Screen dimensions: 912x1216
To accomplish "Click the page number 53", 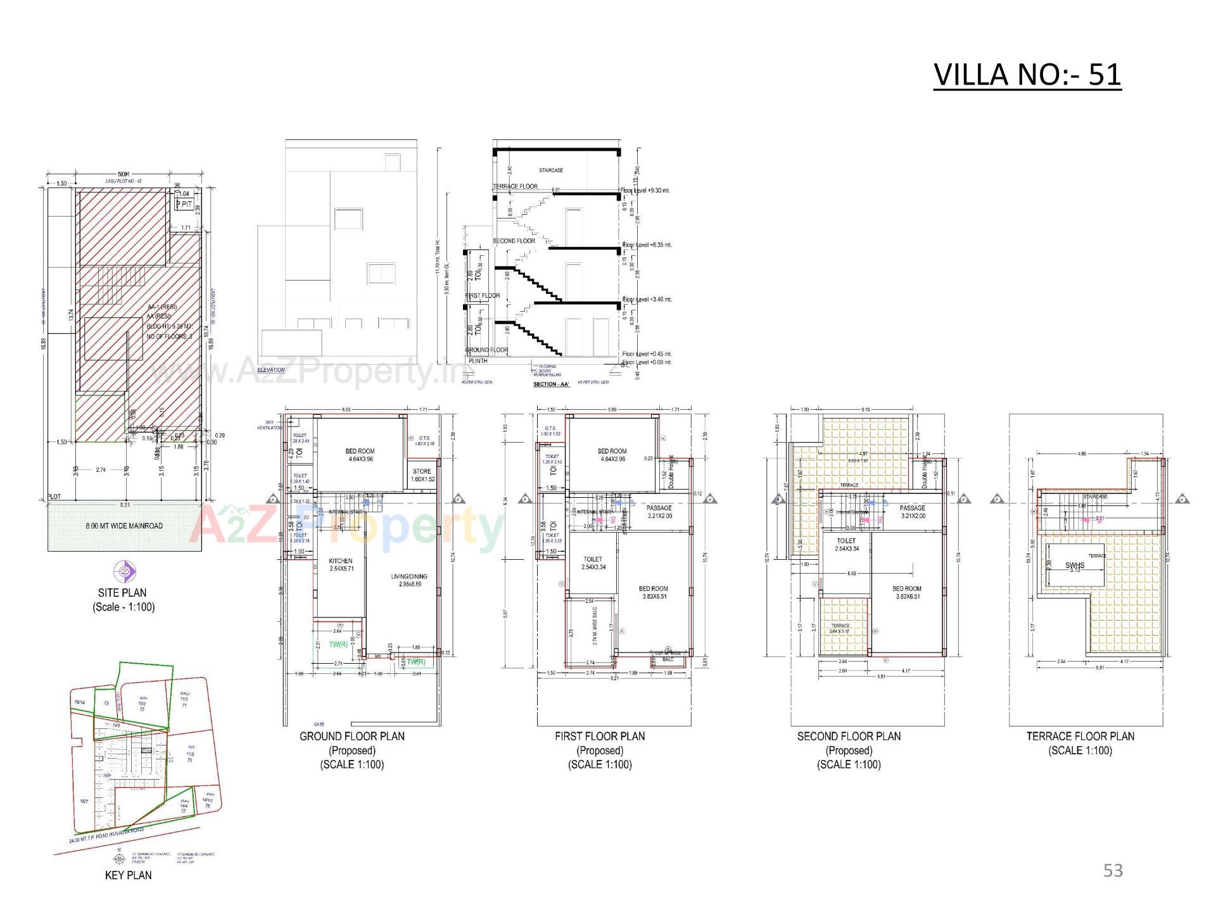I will click(x=1113, y=870).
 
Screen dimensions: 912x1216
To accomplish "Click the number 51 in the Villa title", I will click(x=1105, y=75).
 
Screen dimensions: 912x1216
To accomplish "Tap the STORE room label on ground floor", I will click(x=422, y=471).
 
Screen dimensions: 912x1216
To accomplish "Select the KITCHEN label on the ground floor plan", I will click(x=341, y=561).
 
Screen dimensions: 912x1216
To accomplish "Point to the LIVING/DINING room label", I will click(x=409, y=576).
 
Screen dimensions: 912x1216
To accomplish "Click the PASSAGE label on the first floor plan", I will click(x=659, y=508).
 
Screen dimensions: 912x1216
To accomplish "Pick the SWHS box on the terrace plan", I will click(x=1075, y=566).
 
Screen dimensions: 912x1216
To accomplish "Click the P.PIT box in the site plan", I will click(x=184, y=205).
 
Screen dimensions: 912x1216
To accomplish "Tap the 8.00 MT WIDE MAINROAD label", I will click(x=124, y=526).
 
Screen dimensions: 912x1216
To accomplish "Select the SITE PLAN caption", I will click(x=122, y=593).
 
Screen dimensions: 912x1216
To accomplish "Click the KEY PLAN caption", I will click(x=128, y=875).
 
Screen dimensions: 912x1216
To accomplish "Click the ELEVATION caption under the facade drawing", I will click(x=271, y=370).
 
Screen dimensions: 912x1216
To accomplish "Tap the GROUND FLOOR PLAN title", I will click(x=351, y=736).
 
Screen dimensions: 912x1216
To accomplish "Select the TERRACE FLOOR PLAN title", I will click(x=1080, y=736).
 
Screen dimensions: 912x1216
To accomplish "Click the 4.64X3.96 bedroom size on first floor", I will click(x=612, y=459).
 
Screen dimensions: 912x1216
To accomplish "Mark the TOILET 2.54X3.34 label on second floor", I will click(x=847, y=545).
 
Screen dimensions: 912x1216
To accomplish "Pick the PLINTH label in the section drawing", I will click(x=478, y=361).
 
